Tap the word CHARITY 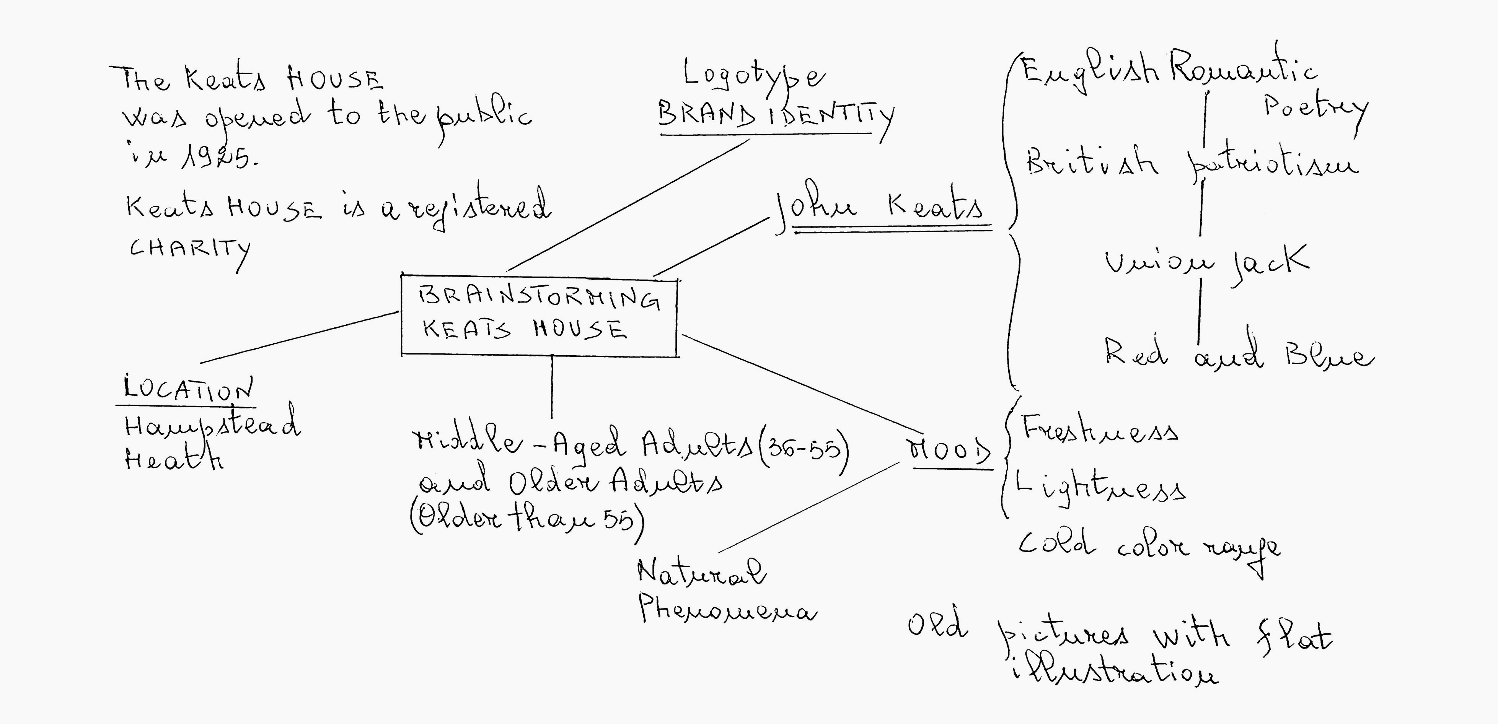pos(189,250)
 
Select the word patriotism pos(1271,164)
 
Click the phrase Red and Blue pos(1239,355)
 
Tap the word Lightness pos(1099,488)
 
